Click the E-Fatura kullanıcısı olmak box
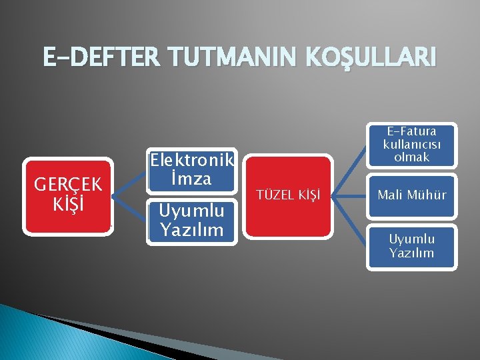(411, 145)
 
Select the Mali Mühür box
(411, 195)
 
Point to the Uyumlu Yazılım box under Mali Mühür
(411, 246)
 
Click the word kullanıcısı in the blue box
(411, 145)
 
